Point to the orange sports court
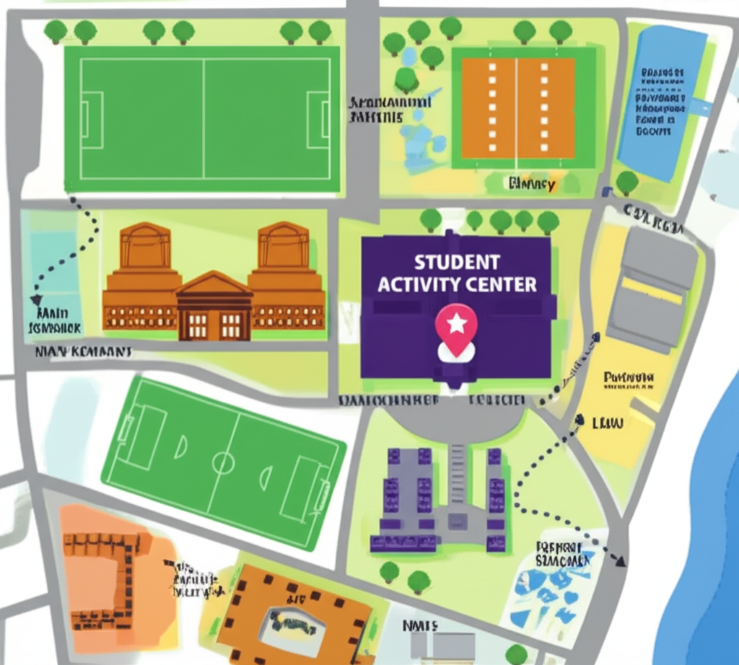coord(518,108)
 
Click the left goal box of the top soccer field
coord(87,120)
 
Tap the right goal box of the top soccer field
coord(318,120)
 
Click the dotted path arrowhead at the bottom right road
coord(619,560)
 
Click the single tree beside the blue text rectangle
coord(626,182)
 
